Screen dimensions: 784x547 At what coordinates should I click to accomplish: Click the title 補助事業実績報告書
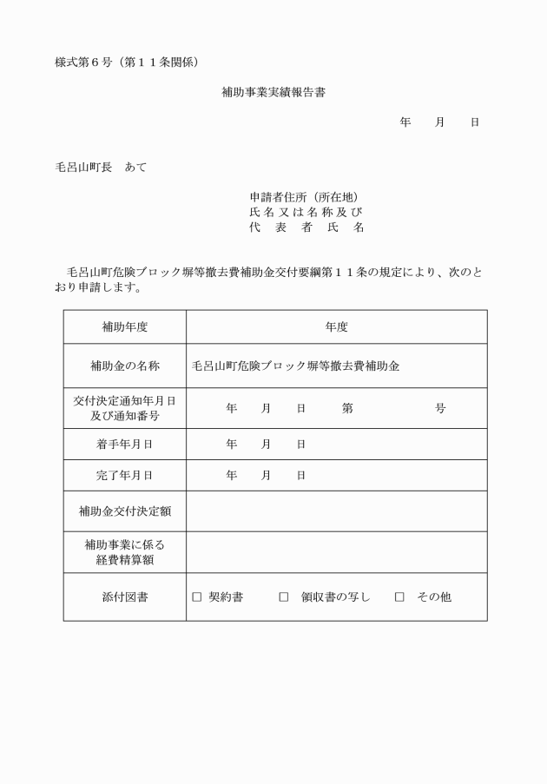[x=273, y=91]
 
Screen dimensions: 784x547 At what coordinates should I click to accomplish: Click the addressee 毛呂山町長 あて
[x=101, y=167]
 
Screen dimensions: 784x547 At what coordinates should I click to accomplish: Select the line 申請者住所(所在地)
[x=305, y=197]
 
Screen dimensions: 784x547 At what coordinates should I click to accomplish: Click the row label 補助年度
[x=125, y=327]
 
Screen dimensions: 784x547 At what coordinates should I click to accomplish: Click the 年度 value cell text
[x=337, y=327]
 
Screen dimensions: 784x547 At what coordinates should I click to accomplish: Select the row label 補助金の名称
[x=125, y=366]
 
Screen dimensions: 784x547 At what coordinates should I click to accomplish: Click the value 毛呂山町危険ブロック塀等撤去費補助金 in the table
[x=296, y=366]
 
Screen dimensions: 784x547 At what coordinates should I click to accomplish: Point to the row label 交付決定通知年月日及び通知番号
[x=125, y=408]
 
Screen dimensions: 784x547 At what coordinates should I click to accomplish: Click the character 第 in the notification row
[x=347, y=408]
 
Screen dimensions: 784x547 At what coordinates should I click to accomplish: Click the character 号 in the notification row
[x=440, y=408]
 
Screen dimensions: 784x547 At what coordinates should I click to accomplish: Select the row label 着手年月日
[x=125, y=444]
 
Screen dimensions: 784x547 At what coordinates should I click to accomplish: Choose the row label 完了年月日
[x=125, y=475]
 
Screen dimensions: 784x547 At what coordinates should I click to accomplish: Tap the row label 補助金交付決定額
[x=125, y=511]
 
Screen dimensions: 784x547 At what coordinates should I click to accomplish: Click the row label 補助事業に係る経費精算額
[x=125, y=552]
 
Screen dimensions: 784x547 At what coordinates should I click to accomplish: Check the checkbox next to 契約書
[x=197, y=597]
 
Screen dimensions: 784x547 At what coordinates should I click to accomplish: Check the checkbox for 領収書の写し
[x=284, y=597]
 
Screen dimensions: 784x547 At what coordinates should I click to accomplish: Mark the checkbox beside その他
[x=399, y=597]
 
